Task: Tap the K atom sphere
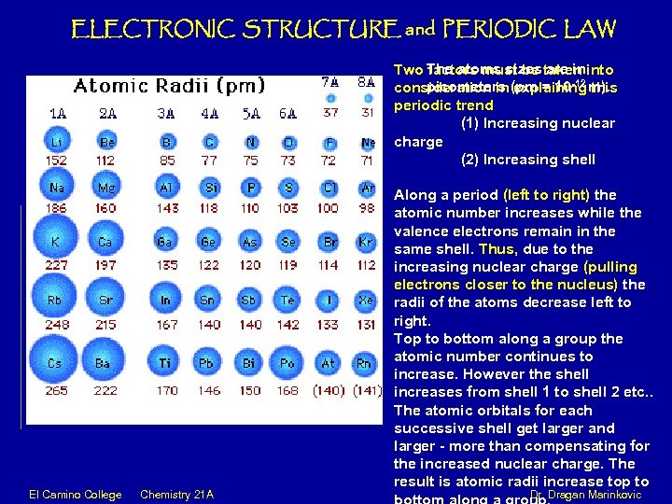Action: (x=57, y=242)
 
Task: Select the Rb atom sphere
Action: (x=57, y=300)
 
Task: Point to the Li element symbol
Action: (x=57, y=142)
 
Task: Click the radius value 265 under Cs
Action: (x=57, y=389)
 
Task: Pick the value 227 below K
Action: (x=57, y=264)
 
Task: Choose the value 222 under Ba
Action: (x=105, y=389)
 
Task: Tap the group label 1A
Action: (x=57, y=113)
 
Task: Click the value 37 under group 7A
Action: (x=329, y=113)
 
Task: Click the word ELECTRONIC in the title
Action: (x=148, y=29)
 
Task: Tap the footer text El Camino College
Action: (x=74, y=494)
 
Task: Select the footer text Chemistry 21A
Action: (x=176, y=494)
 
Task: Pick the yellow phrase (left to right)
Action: (x=546, y=195)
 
